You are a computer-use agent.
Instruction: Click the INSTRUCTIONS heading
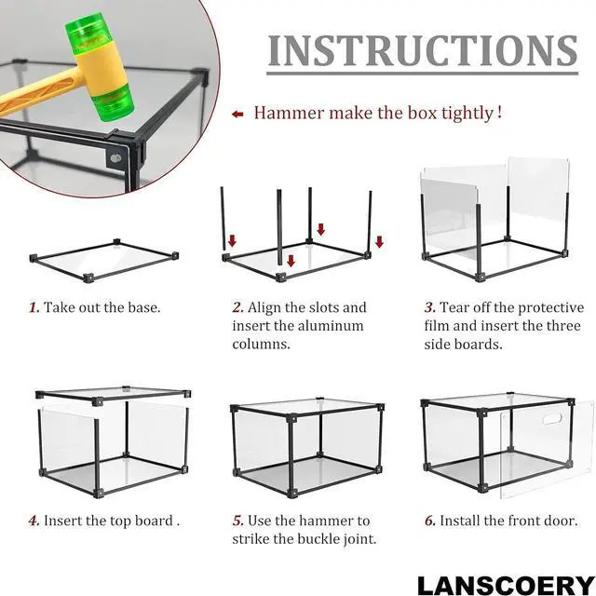(x=422, y=51)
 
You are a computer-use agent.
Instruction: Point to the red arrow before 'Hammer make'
(x=237, y=114)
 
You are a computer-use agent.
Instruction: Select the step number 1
(x=33, y=307)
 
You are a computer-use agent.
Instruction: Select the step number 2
(x=237, y=307)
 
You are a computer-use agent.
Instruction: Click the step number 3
(x=428, y=307)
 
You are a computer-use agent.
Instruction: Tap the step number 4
(x=33, y=520)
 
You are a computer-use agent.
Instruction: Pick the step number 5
(x=237, y=520)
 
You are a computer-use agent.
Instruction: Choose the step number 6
(x=428, y=520)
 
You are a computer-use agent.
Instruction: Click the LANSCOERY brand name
(x=497, y=585)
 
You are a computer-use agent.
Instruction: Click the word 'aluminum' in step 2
(x=332, y=326)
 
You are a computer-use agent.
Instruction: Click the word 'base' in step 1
(x=142, y=307)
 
